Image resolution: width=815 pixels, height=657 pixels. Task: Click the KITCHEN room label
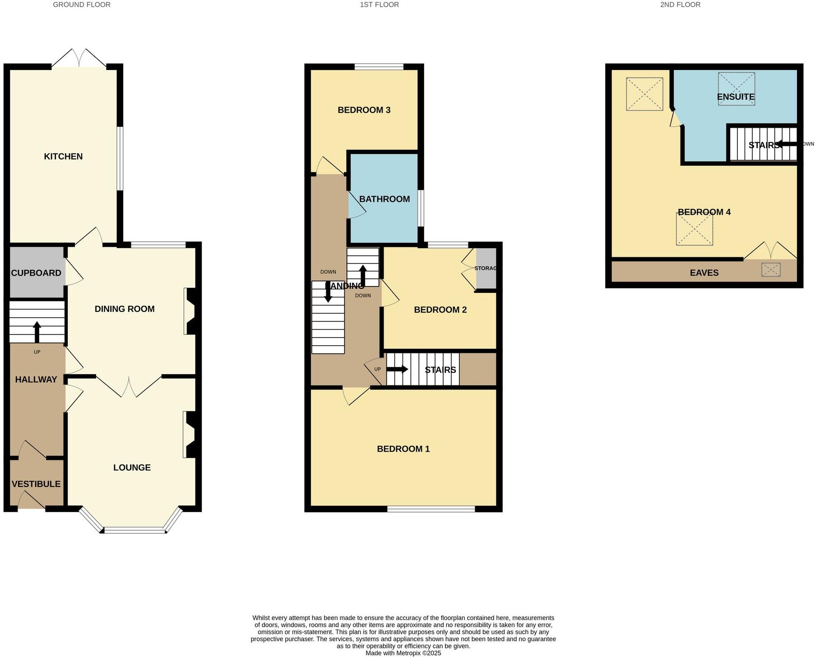tap(63, 157)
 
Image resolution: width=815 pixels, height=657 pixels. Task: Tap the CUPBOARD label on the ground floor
tap(36, 273)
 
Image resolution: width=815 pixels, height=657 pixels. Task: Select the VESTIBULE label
tap(36, 484)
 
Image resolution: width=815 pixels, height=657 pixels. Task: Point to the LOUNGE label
tap(132, 467)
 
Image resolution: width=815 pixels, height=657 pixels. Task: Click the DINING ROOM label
tap(125, 309)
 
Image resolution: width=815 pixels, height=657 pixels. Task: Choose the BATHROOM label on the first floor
tap(384, 199)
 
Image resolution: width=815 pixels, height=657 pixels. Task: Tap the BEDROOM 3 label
tap(364, 110)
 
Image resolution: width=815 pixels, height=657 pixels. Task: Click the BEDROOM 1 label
tap(403, 449)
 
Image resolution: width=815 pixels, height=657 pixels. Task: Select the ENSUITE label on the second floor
tap(736, 97)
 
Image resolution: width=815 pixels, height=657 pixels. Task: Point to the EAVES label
tap(704, 273)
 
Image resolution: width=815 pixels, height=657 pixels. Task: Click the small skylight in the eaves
tap(771, 270)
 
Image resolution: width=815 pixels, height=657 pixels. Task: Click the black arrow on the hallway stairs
tap(37, 332)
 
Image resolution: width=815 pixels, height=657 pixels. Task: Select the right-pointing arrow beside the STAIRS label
tap(397, 370)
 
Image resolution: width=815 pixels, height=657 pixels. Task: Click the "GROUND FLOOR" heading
tap(82, 5)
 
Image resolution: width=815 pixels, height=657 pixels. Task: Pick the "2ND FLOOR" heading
tap(680, 5)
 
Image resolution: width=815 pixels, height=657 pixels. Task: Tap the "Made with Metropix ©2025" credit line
tap(403, 653)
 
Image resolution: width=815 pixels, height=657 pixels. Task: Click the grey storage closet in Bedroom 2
tap(486, 268)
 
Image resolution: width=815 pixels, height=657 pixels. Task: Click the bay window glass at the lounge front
tap(134, 531)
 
